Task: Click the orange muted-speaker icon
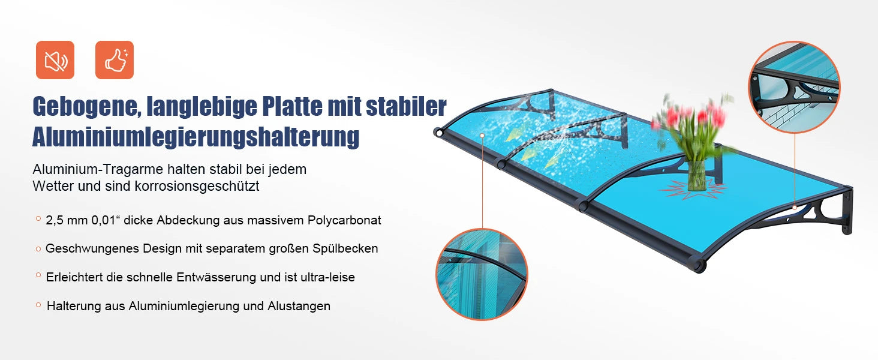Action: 55,60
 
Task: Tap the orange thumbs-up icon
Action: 115,60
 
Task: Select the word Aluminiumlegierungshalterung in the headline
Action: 196,137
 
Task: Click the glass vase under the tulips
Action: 696,174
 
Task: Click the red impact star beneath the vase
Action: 693,189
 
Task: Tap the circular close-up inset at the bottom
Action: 482,274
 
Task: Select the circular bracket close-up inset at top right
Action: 794,87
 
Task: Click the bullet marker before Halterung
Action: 38,305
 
